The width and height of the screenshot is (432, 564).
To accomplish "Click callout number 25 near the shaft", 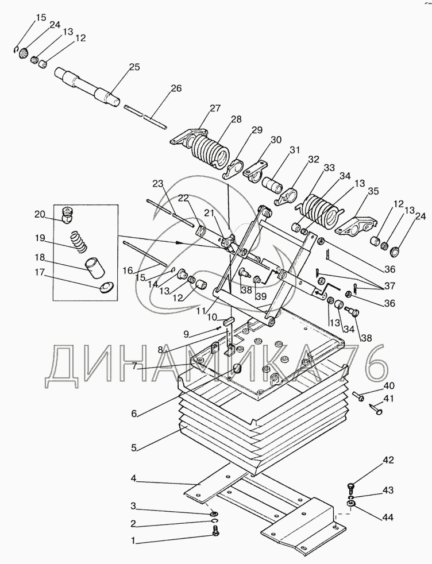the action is tap(134, 67).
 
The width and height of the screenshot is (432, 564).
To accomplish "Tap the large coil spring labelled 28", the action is tap(210, 152).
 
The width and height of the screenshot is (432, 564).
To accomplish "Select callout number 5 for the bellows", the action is tap(133, 449).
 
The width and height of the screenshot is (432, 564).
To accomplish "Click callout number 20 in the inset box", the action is tap(41, 214).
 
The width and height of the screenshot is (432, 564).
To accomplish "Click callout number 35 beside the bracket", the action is tap(373, 191).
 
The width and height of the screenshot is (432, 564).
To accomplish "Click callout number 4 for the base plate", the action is tap(133, 479).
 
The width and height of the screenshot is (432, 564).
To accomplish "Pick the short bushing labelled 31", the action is tap(273, 184).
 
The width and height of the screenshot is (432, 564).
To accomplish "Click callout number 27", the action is tap(215, 109).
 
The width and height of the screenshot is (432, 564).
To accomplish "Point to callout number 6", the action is tap(134, 414).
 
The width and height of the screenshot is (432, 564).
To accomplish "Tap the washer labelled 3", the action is tap(215, 512).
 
